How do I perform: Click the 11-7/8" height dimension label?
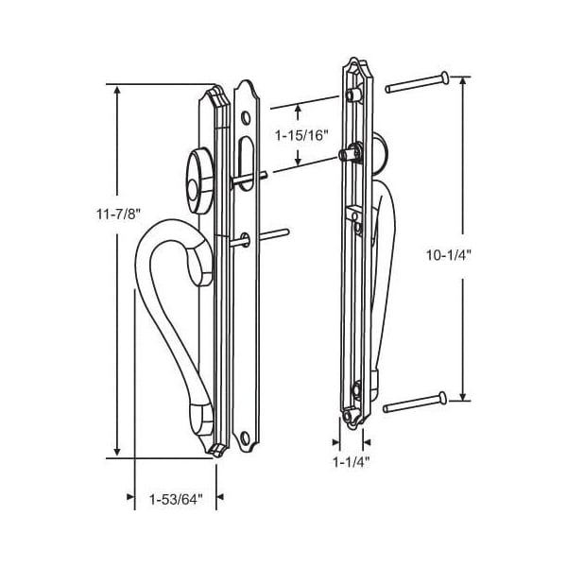pos(118,215)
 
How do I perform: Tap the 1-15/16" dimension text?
pos(301,135)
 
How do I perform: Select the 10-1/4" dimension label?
pos(448,255)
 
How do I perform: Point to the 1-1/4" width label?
pos(352,462)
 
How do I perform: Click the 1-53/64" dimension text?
pos(176,500)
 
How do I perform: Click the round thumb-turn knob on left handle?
pos(198,180)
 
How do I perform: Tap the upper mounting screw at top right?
pos(417,82)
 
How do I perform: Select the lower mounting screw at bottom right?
pos(415,403)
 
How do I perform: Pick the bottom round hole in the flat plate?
pos(245,438)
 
